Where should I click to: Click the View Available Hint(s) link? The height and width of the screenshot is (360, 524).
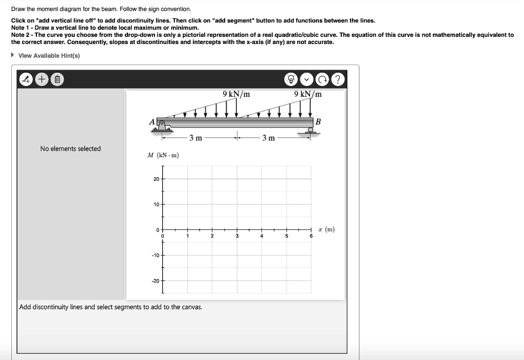point(49,55)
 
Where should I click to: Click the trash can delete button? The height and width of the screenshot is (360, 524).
point(58,80)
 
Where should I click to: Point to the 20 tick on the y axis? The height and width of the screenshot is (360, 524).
point(156,179)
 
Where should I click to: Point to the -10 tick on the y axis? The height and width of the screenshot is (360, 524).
point(155,255)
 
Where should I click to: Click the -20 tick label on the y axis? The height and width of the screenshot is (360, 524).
point(155,281)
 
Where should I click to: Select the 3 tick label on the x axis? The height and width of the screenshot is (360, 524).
point(237,236)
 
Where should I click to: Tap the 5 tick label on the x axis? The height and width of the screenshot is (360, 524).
point(287,236)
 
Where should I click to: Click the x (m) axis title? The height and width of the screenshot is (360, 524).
point(326,229)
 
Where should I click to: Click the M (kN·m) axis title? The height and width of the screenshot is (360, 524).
point(163,155)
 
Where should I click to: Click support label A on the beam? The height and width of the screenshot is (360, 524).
point(151,122)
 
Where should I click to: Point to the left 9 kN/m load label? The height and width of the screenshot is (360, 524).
point(236,94)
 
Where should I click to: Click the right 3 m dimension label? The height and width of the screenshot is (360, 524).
point(269,138)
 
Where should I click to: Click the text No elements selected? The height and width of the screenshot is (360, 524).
point(71,149)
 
